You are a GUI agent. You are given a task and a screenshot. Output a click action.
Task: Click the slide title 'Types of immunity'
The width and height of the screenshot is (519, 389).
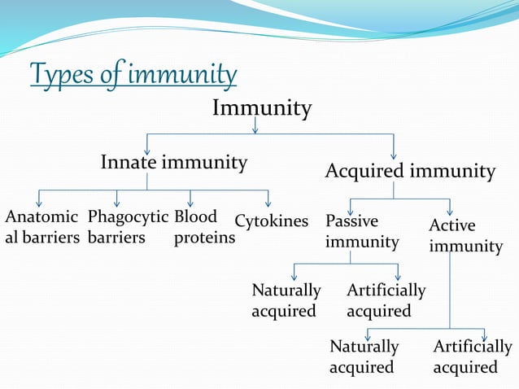[x=133, y=76]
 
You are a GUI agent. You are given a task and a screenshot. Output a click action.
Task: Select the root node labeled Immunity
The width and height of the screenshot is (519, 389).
[x=261, y=108]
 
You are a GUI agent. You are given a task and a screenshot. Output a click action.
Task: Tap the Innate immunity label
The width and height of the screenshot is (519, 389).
[x=173, y=163]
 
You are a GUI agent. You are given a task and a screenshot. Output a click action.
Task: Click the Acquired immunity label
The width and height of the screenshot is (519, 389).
[x=410, y=172]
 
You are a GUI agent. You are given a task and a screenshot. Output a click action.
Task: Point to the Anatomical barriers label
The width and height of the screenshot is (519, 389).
[x=42, y=227]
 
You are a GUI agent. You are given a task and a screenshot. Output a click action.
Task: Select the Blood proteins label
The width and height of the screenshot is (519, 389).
[x=204, y=227]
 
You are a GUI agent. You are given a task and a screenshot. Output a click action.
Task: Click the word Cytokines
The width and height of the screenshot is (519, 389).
[x=272, y=221]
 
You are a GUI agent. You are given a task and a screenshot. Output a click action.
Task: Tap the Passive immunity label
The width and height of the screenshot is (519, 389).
[x=362, y=231]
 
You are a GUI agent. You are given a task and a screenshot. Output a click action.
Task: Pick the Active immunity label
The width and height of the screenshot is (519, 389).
[x=465, y=235]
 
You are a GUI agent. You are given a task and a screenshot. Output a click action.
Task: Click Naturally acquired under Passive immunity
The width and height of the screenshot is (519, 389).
[x=286, y=300]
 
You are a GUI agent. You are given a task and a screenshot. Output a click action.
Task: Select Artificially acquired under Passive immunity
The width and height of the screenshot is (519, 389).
[x=386, y=300]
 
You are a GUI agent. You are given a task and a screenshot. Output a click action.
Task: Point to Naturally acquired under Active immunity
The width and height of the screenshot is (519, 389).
[x=364, y=356]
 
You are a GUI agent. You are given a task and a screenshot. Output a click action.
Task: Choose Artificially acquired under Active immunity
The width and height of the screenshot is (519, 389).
[x=473, y=356]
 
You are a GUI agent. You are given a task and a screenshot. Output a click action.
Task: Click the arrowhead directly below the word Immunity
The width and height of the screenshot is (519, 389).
[x=255, y=128]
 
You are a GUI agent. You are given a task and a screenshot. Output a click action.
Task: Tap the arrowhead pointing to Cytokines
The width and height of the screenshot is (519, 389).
[x=268, y=203]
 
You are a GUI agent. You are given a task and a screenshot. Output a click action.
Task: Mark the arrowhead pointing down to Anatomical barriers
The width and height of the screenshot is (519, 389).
[x=39, y=203]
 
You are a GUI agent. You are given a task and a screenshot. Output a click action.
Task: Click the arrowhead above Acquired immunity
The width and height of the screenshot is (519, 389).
[x=394, y=154]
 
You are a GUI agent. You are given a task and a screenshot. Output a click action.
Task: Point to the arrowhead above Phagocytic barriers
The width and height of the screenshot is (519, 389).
[x=117, y=203]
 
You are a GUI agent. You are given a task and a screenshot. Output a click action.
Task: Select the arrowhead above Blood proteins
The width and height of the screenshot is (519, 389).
[x=190, y=203]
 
